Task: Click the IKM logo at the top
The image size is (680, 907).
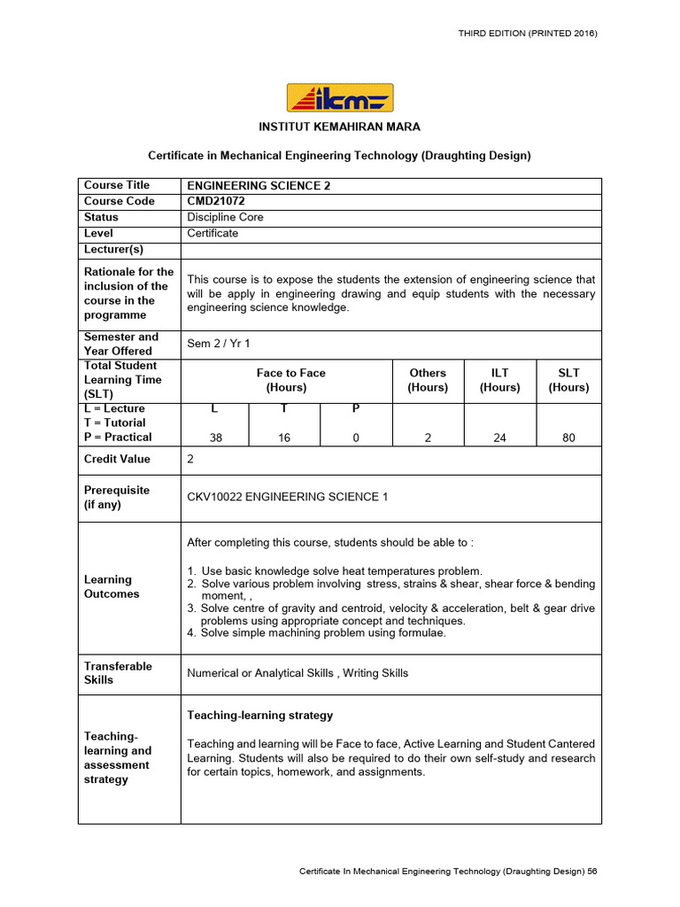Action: [x=340, y=97]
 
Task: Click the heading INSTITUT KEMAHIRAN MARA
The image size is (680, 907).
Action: [x=339, y=128]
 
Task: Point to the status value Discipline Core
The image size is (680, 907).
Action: [x=225, y=217]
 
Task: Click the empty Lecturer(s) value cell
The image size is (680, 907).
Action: [x=390, y=250]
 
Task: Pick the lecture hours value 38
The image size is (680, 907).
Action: [x=215, y=438]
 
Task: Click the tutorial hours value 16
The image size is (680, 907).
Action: [x=284, y=438]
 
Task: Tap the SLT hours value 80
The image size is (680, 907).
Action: [x=568, y=438]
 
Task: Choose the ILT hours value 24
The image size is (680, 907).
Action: [x=500, y=438]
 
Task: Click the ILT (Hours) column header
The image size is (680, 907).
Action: [x=500, y=380]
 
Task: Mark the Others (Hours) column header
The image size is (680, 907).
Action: [x=428, y=380]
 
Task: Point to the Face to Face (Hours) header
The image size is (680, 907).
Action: [x=290, y=380]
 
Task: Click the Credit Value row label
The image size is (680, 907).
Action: [x=117, y=459]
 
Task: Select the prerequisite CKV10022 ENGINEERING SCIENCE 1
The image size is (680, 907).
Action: [x=288, y=497]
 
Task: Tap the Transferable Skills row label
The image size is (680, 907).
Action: [x=118, y=672]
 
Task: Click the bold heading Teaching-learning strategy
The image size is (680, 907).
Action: [x=260, y=715]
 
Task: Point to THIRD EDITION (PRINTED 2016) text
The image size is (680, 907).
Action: [x=528, y=33]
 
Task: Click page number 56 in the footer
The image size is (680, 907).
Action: [x=592, y=872]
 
